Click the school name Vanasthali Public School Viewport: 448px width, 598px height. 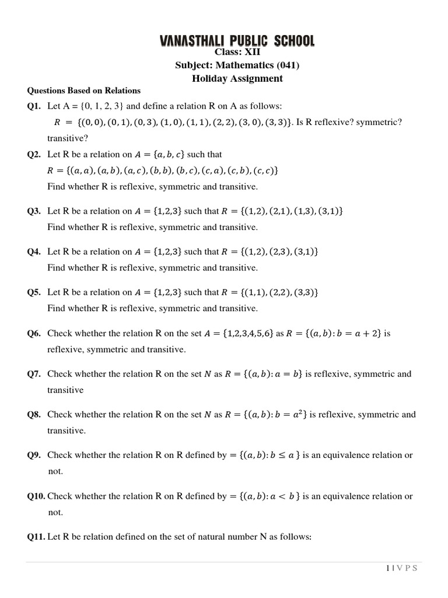[x=237, y=41]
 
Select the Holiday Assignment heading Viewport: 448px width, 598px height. [x=237, y=78]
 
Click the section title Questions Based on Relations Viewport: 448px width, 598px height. [x=84, y=91]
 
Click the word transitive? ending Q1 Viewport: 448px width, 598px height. [x=68, y=138]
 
